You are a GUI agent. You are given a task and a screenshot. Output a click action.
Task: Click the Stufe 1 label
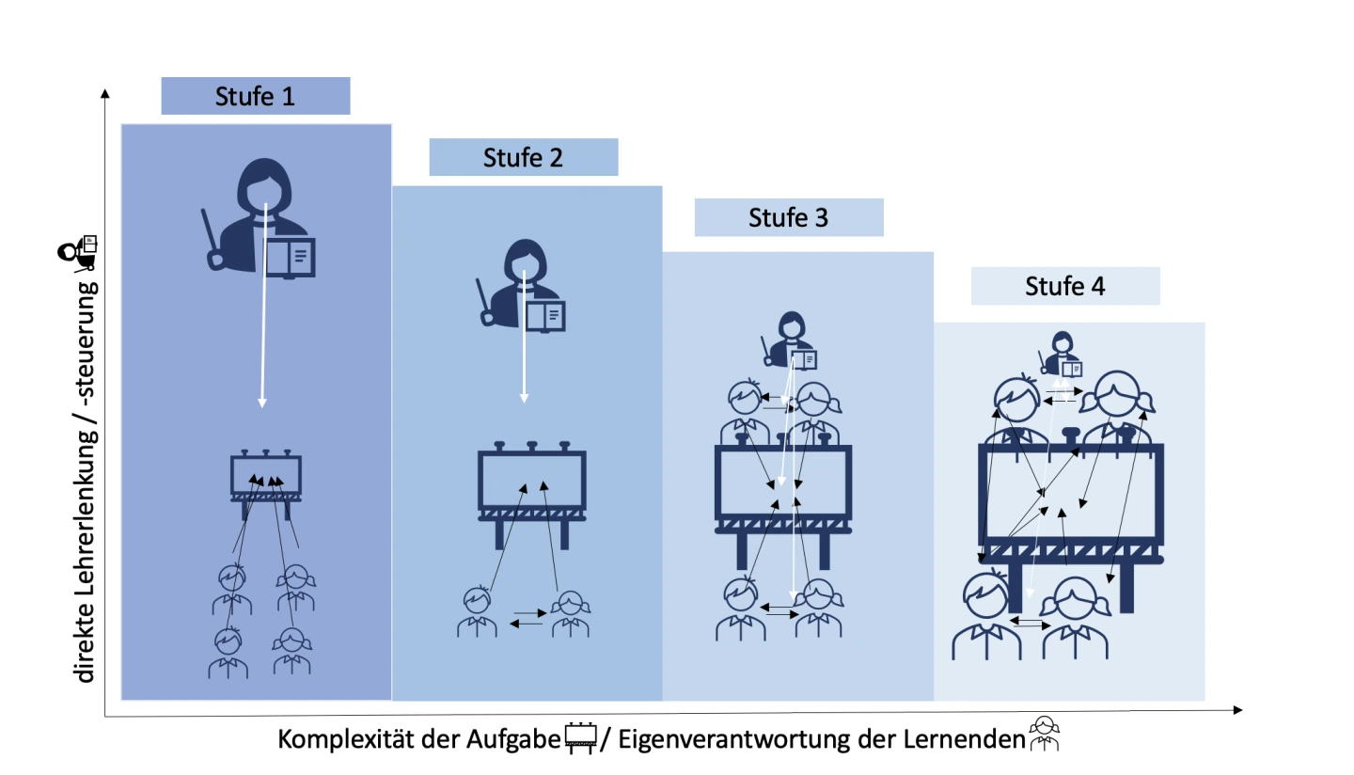pyautogui.click(x=255, y=96)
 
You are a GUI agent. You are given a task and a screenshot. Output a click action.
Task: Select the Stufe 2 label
pyautogui.click(x=523, y=157)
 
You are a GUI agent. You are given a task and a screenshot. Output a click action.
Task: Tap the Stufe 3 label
pyautogui.click(x=788, y=217)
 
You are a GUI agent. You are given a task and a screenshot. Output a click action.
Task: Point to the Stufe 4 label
pyautogui.click(x=1064, y=286)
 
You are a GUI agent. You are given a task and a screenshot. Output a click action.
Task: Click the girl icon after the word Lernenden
pyautogui.click(x=1044, y=735)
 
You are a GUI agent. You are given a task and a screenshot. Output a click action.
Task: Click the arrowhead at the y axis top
pyautogui.click(x=104, y=92)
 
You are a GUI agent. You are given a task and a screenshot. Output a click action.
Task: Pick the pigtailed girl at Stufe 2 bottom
pyautogui.click(x=571, y=613)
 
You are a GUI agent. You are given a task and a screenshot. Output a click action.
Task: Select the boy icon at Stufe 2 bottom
pyautogui.click(x=477, y=611)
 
